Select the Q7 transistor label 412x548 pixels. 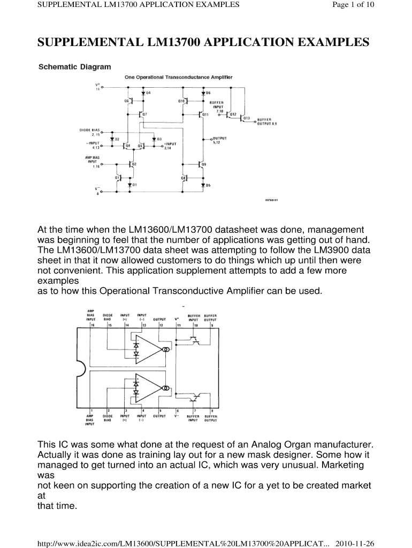click(x=145, y=114)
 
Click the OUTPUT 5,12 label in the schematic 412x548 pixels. click(x=219, y=140)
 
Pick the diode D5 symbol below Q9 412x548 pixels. click(x=203, y=185)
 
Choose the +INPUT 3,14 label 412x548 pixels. click(x=170, y=146)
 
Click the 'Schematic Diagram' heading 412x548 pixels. click(x=75, y=67)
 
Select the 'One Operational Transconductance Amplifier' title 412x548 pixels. click(x=179, y=77)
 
